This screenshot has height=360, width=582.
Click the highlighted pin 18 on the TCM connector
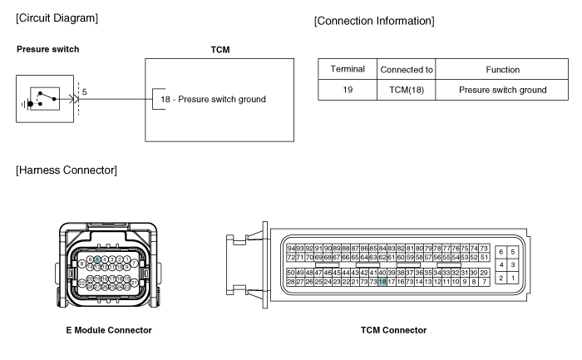click(x=382, y=282)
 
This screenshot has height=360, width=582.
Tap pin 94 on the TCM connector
click(x=291, y=249)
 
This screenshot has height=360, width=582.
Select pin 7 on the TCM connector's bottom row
click(x=483, y=282)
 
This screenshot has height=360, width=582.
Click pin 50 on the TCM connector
click(x=291, y=272)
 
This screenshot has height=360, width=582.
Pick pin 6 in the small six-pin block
click(x=501, y=251)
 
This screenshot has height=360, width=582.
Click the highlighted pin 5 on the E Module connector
click(x=97, y=260)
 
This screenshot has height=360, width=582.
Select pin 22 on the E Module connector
click(x=82, y=283)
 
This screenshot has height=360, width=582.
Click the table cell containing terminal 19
click(x=348, y=90)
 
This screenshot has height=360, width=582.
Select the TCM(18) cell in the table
click(x=406, y=90)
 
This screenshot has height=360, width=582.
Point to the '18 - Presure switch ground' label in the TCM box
click(x=213, y=100)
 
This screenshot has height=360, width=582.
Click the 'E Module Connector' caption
click(x=109, y=330)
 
